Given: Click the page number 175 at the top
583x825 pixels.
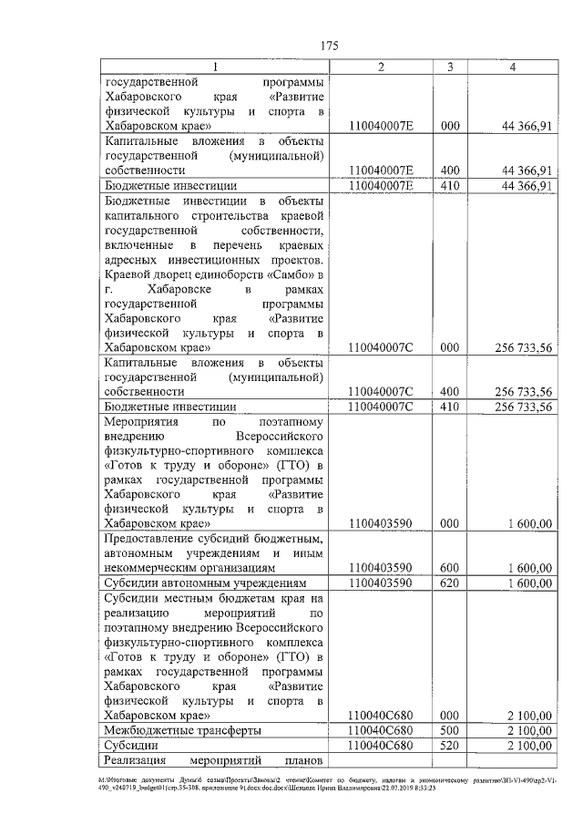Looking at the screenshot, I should [330, 46].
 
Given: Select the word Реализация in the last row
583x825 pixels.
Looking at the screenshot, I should [135, 759].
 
